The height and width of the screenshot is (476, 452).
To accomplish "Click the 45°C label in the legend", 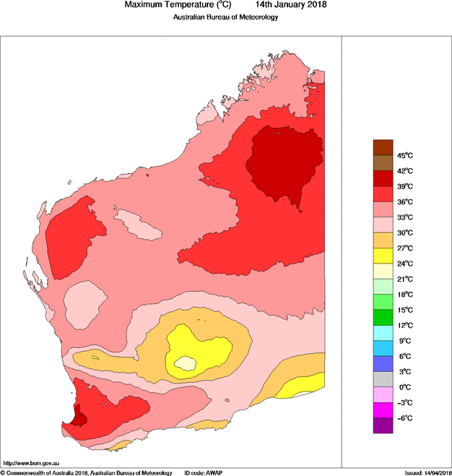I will (x=404, y=156).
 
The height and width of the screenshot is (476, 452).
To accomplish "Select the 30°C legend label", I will (x=404, y=233).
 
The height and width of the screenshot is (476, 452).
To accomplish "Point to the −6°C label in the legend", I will (x=404, y=417).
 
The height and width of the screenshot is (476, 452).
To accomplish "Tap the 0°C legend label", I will (x=404, y=387).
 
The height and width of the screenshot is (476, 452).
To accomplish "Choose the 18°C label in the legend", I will (x=404, y=295).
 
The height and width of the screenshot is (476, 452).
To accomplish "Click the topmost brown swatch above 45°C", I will (x=383, y=147).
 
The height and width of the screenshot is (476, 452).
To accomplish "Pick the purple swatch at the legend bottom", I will (x=383, y=426).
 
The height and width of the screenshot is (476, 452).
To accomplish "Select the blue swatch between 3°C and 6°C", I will (x=383, y=364).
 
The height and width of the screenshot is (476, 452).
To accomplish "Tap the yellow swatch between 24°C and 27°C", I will (x=383, y=256).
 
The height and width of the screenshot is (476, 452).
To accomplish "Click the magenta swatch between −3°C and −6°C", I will (x=383, y=410).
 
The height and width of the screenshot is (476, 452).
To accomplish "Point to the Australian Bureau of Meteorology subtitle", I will (x=225, y=17).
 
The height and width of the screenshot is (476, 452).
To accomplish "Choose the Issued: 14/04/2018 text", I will (x=427, y=472).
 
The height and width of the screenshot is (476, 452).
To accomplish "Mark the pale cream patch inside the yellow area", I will (x=188, y=363).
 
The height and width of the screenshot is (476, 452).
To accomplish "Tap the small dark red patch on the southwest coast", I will (x=79, y=417).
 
